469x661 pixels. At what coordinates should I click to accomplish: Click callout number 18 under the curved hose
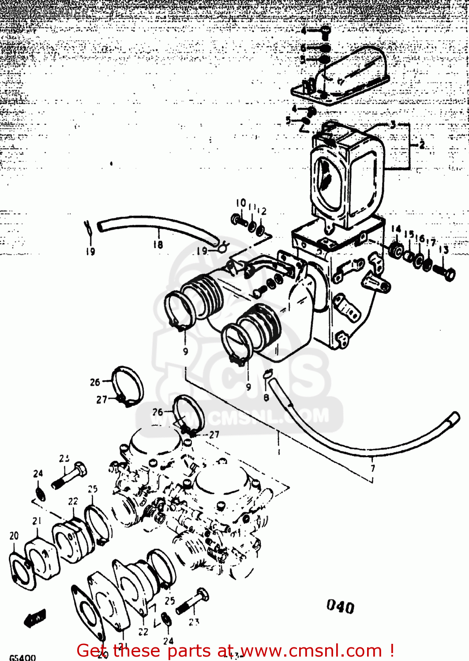pos(158,244)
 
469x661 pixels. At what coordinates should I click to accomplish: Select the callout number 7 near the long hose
pos(373,468)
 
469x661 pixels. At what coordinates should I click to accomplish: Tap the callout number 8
pos(266,397)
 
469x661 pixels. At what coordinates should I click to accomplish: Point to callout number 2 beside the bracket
pos(422,145)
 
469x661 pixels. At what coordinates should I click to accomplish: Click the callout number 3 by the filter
pos(393,125)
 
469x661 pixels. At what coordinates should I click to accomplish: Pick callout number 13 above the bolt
pos(444,250)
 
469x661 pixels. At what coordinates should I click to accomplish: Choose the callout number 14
pos(396,229)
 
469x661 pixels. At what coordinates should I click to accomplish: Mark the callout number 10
pos(240,203)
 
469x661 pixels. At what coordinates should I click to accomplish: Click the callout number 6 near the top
pos(304,48)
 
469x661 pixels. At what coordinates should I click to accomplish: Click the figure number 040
pos(340,607)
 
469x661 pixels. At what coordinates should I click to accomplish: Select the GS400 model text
pos(22,657)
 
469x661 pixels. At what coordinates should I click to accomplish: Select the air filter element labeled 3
pos(346,176)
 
